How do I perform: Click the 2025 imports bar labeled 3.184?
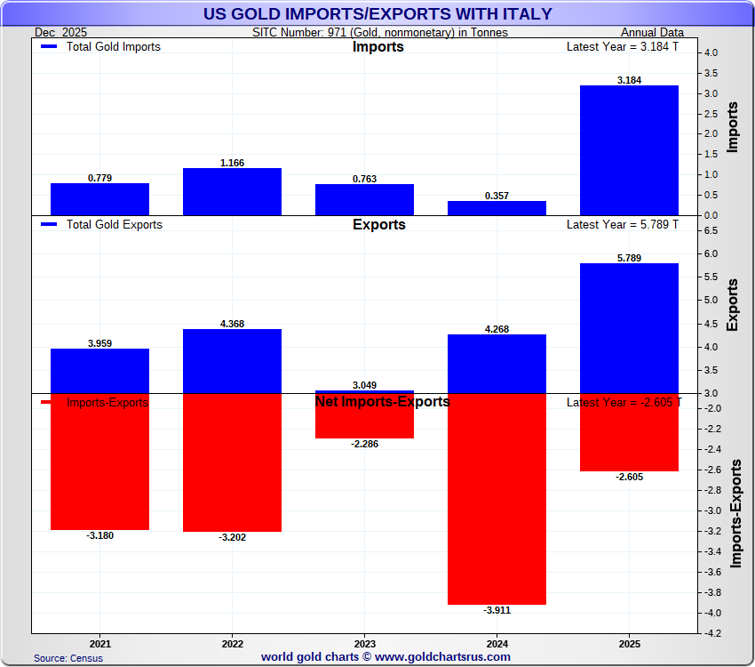pyautogui.click(x=629, y=150)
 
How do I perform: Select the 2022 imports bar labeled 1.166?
pyautogui.click(x=232, y=191)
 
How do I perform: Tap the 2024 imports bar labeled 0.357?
pyautogui.click(x=497, y=208)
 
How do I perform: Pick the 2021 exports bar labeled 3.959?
pyautogui.click(x=99, y=371)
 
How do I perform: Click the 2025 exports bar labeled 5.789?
pyautogui.click(x=629, y=328)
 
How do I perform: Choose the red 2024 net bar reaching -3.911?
pyautogui.click(x=497, y=499)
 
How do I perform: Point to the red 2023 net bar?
pyautogui.click(x=364, y=416)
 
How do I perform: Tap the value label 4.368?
pyautogui.click(x=232, y=324)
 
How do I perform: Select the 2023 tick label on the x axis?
pyautogui.click(x=364, y=642)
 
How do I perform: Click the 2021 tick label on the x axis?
pyautogui.click(x=99, y=642)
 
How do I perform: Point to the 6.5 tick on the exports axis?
pyautogui.click(x=711, y=230)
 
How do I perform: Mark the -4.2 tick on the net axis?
pyautogui.click(x=712, y=633)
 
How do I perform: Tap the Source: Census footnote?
pyautogui.click(x=68, y=658)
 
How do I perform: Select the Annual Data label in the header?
pyautogui.click(x=652, y=33)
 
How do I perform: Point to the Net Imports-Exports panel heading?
pyautogui.click(x=382, y=402)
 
